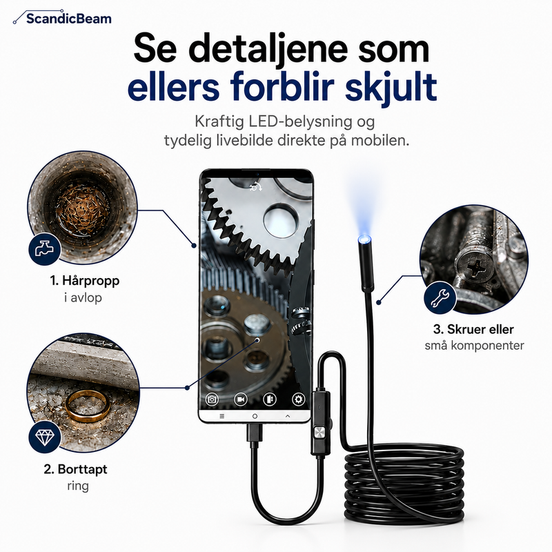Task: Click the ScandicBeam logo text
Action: click(68, 19)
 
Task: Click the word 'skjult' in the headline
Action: click(391, 87)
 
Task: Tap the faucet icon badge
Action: click(44, 248)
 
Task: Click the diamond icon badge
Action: click(44, 437)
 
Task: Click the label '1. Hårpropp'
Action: click(84, 281)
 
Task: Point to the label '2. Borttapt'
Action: click(75, 469)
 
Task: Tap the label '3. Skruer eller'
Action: click(473, 329)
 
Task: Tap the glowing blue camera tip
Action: click(364, 239)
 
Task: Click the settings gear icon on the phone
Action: click(298, 400)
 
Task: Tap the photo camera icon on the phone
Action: click(212, 400)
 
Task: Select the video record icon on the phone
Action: click(241, 400)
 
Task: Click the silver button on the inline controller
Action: click(319, 433)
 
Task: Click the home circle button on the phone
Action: click(255, 416)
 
